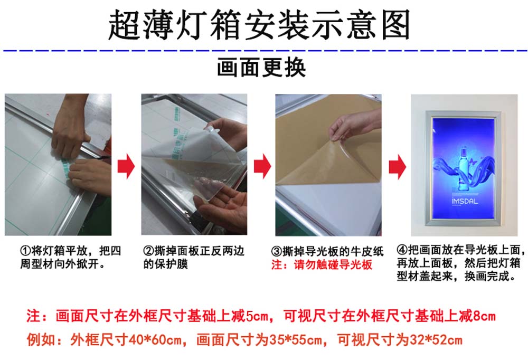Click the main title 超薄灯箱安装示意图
click(259, 24)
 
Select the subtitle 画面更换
click(261, 68)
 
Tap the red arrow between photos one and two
click(126, 166)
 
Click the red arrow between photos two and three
click(262, 166)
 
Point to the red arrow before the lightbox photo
click(398, 167)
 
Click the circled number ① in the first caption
click(26, 251)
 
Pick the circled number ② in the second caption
click(148, 251)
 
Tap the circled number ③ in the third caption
click(277, 252)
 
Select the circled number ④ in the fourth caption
click(402, 250)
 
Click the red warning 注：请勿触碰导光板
click(322, 265)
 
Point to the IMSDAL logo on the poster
click(465, 201)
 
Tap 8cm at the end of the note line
click(484, 316)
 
